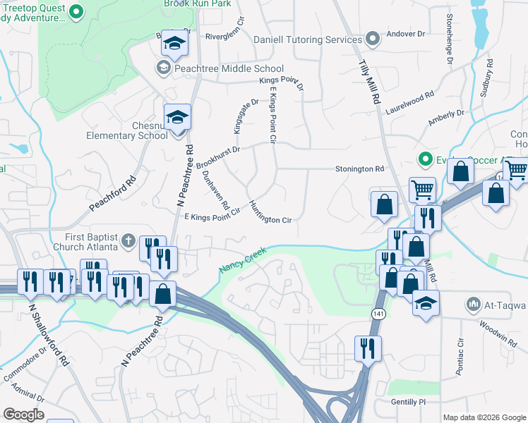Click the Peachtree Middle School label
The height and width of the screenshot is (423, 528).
click(219, 68)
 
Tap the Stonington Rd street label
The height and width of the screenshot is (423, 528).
click(359, 169)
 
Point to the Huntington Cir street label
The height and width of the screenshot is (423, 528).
click(270, 211)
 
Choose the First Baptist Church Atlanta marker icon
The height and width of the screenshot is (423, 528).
click(128, 241)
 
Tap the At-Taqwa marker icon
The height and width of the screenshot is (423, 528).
click(472, 305)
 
